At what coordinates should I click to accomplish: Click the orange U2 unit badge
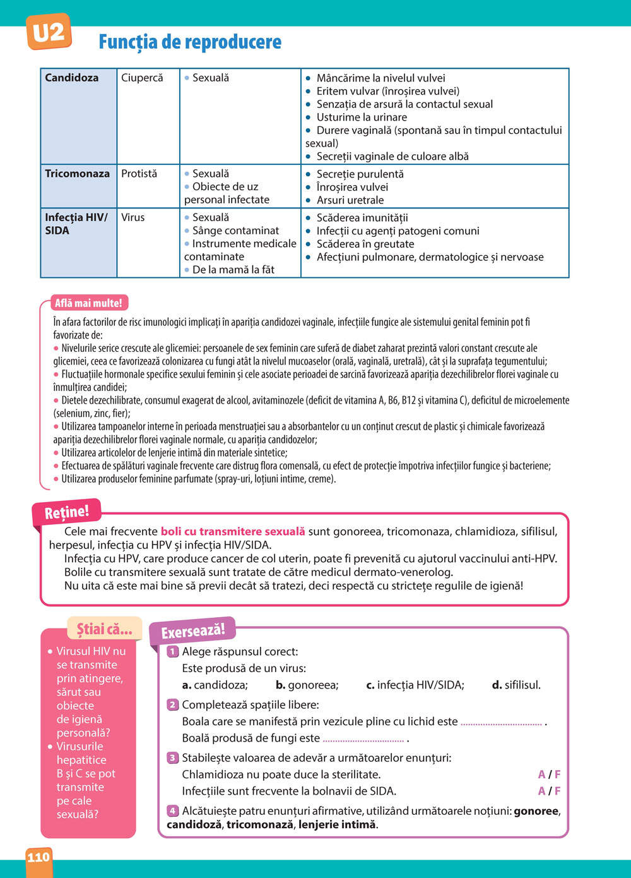click(x=49, y=32)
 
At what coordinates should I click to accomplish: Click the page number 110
click(x=38, y=857)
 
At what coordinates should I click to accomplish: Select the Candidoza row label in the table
click(x=72, y=78)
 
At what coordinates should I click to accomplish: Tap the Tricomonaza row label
click(x=77, y=174)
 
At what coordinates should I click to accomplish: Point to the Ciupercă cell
click(x=142, y=78)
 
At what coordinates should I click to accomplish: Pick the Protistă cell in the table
click(x=139, y=174)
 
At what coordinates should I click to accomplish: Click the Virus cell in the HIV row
click(x=133, y=217)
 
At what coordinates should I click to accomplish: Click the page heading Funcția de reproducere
click(x=190, y=42)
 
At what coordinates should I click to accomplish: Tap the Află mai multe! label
click(x=88, y=303)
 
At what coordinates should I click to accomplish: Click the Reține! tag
click(x=67, y=512)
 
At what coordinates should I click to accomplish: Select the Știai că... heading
click(x=105, y=628)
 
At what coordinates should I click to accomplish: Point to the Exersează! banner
click(x=192, y=631)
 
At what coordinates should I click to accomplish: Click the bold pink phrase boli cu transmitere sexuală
click(x=233, y=532)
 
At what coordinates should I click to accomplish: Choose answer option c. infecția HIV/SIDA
click(x=415, y=685)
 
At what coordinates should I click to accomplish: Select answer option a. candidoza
click(x=215, y=685)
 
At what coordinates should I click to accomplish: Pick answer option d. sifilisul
click(x=516, y=685)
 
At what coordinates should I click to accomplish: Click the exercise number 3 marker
click(x=172, y=758)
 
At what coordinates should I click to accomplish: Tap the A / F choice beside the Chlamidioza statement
click(x=549, y=774)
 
